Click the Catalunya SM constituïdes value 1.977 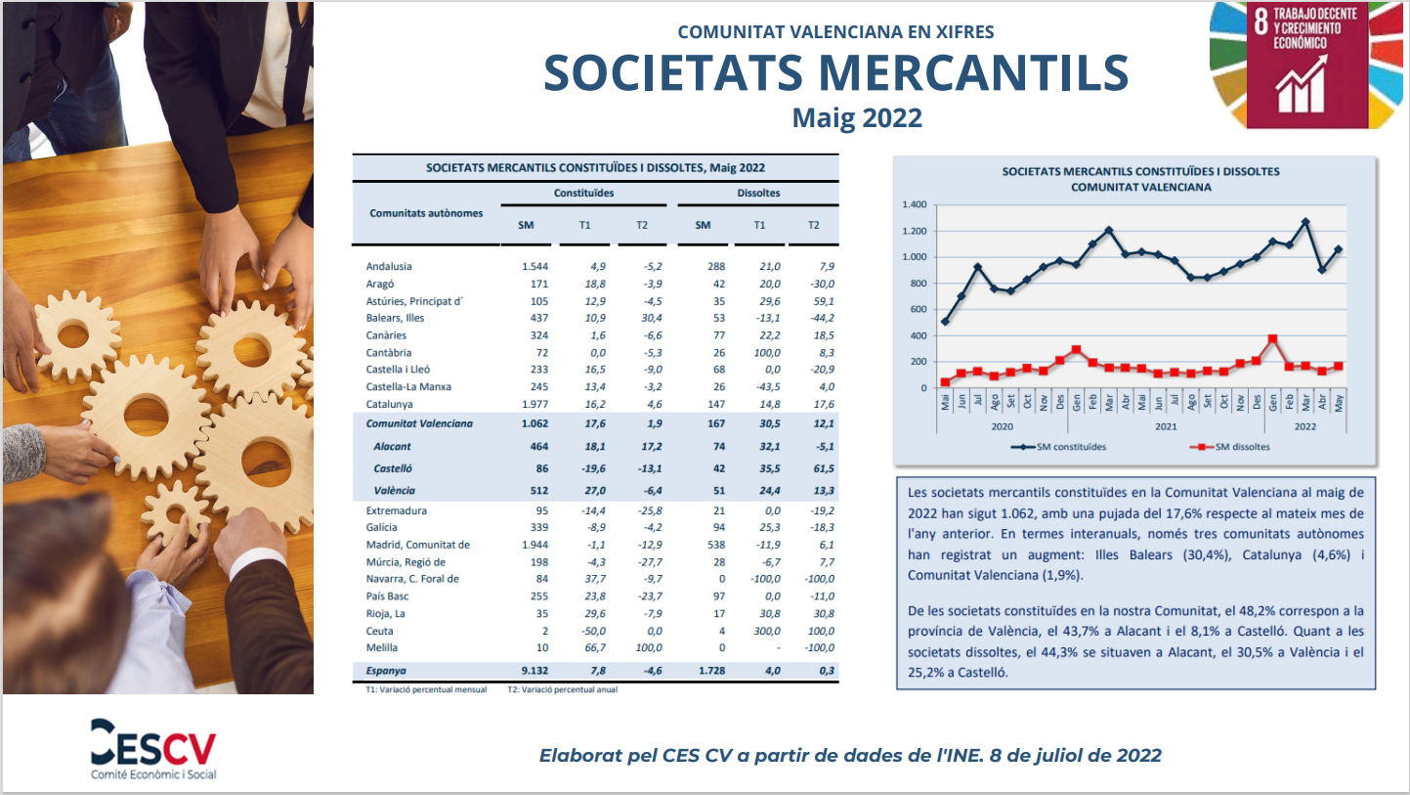(x=534, y=404)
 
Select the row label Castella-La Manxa (x=408, y=387)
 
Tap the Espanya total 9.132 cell (x=534, y=670)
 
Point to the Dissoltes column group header (x=758, y=193)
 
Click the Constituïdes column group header (x=583, y=193)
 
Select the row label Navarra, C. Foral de (x=412, y=579)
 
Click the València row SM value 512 (x=538, y=490)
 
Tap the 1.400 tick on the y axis (x=914, y=204)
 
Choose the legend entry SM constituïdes (x=1058, y=447)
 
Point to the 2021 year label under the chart (x=1166, y=426)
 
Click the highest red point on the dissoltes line (x=1273, y=339)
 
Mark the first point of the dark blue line (x=945, y=322)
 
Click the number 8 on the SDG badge (x=1260, y=22)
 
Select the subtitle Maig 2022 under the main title (x=857, y=117)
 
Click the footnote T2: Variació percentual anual (x=562, y=689)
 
